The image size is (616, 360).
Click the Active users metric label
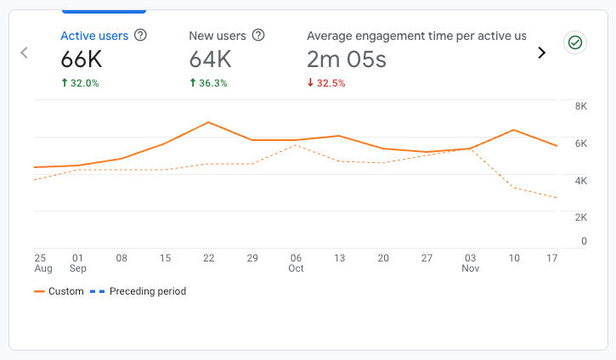94,36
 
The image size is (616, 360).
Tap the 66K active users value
83,59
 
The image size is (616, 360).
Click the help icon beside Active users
141,36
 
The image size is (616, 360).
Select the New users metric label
217,36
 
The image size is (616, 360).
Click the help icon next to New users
258,36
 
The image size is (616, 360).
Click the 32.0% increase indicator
80,83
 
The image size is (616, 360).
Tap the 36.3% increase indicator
208,83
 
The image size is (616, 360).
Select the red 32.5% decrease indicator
327,83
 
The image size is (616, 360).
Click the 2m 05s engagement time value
347,59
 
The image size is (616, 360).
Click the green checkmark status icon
575,42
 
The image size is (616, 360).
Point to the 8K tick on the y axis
557,106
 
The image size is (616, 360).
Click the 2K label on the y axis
557,217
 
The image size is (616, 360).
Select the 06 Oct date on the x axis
295,263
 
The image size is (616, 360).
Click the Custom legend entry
59,291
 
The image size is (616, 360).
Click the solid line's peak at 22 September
208,122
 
